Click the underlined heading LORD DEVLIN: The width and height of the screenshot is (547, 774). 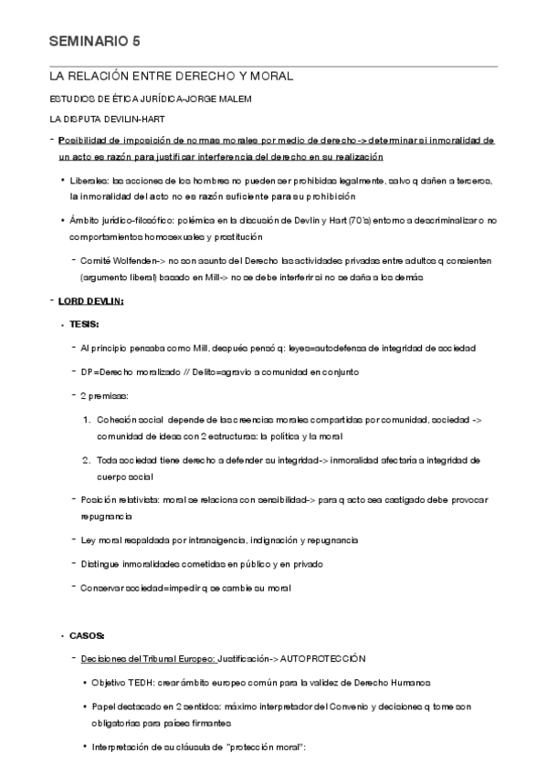click(91, 301)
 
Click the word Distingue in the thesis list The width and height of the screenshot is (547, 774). click(101, 563)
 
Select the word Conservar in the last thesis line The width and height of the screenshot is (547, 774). click(104, 587)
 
